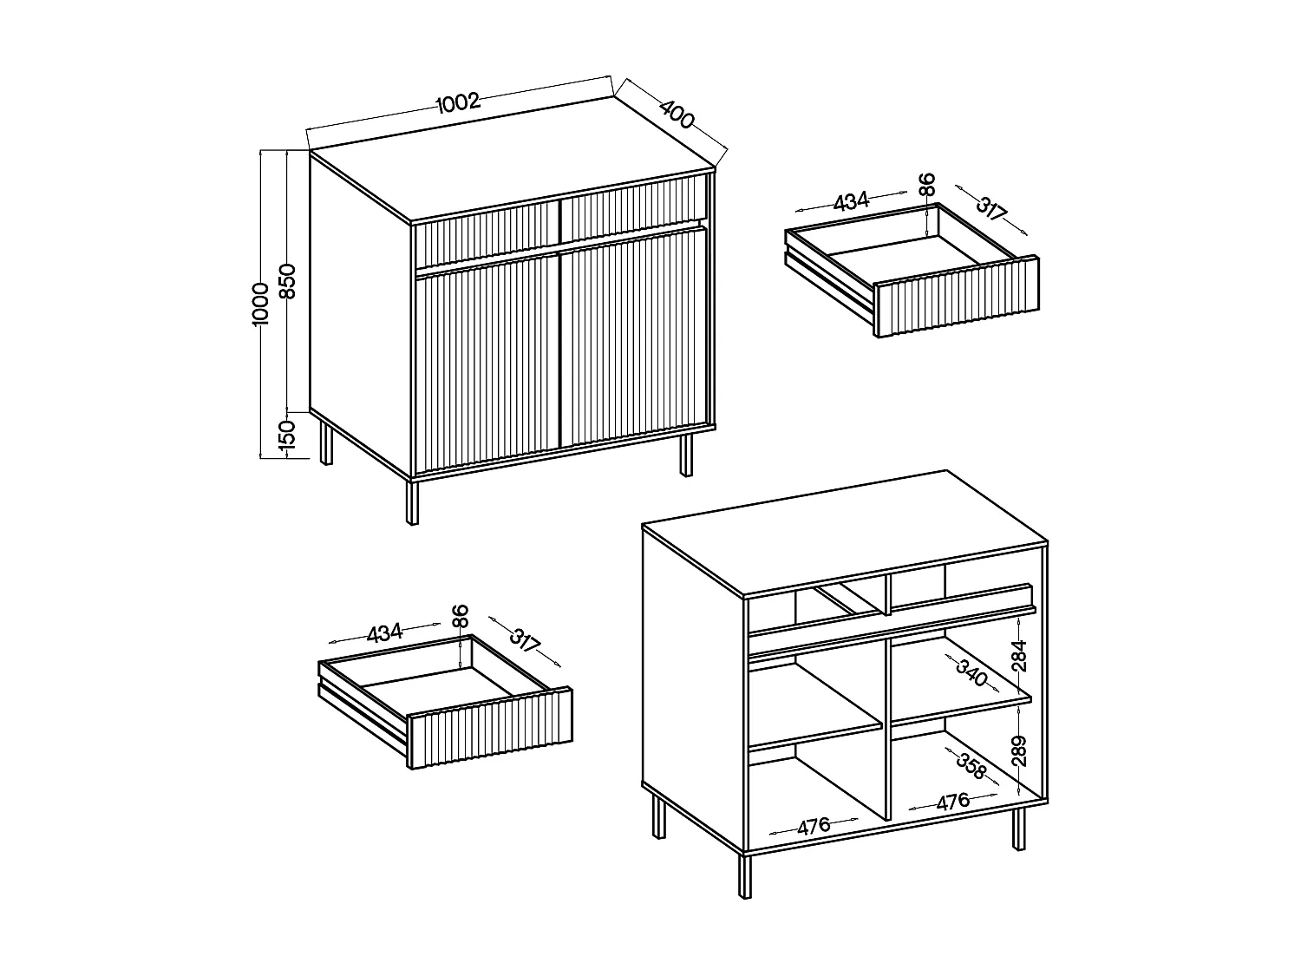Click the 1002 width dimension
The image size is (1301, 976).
[x=457, y=103]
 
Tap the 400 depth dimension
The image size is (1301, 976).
[x=676, y=115]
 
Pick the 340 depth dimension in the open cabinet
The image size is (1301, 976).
[x=971, y=672]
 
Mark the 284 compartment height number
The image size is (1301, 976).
[x=1020, y=656]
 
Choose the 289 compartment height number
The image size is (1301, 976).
[x=1020, y=750]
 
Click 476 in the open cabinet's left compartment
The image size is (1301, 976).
[x=814, y=825]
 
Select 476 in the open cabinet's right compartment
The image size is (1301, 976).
[x=952, y=802]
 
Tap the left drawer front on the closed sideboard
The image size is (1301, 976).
[x=487, y=233]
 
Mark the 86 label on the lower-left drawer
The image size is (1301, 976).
[x=461, y=616]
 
